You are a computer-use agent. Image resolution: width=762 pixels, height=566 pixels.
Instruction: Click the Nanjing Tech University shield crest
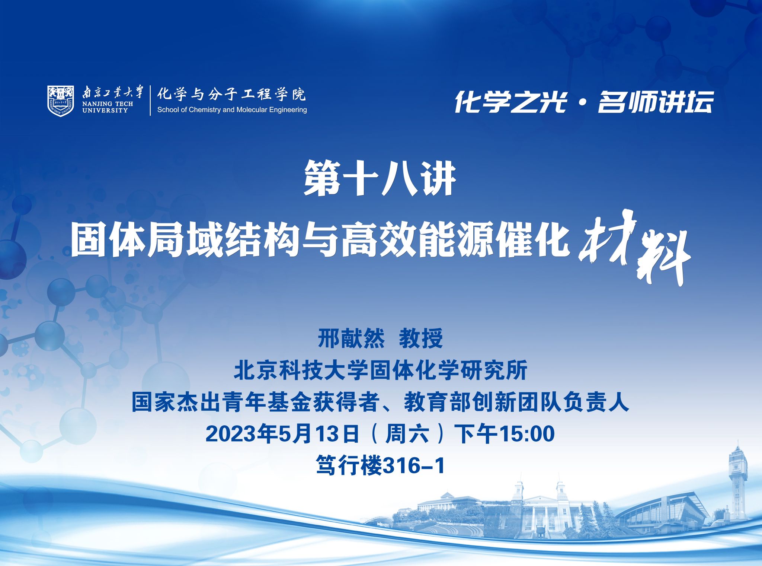[61, 101]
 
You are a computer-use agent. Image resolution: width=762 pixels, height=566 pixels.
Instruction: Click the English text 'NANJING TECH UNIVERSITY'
[108, 107]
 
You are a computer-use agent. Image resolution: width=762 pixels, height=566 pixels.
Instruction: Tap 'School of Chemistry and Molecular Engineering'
[232, 110]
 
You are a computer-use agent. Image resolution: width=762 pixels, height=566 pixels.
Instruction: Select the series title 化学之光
[510, 102]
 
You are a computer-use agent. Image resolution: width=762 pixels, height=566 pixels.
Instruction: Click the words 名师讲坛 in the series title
[656, 102]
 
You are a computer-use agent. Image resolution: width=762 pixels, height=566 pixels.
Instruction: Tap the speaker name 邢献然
[351, 338]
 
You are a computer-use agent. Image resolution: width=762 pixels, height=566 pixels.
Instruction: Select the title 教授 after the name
[421, 338]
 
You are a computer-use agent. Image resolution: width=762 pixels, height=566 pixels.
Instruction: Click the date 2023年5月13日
[282, 434]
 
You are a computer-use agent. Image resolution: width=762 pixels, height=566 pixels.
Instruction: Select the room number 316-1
[414, 466]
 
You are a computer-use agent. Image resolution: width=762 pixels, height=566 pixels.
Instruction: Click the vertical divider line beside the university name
[151, 101]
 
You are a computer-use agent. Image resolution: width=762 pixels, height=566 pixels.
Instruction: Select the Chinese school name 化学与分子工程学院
[231, 94]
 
